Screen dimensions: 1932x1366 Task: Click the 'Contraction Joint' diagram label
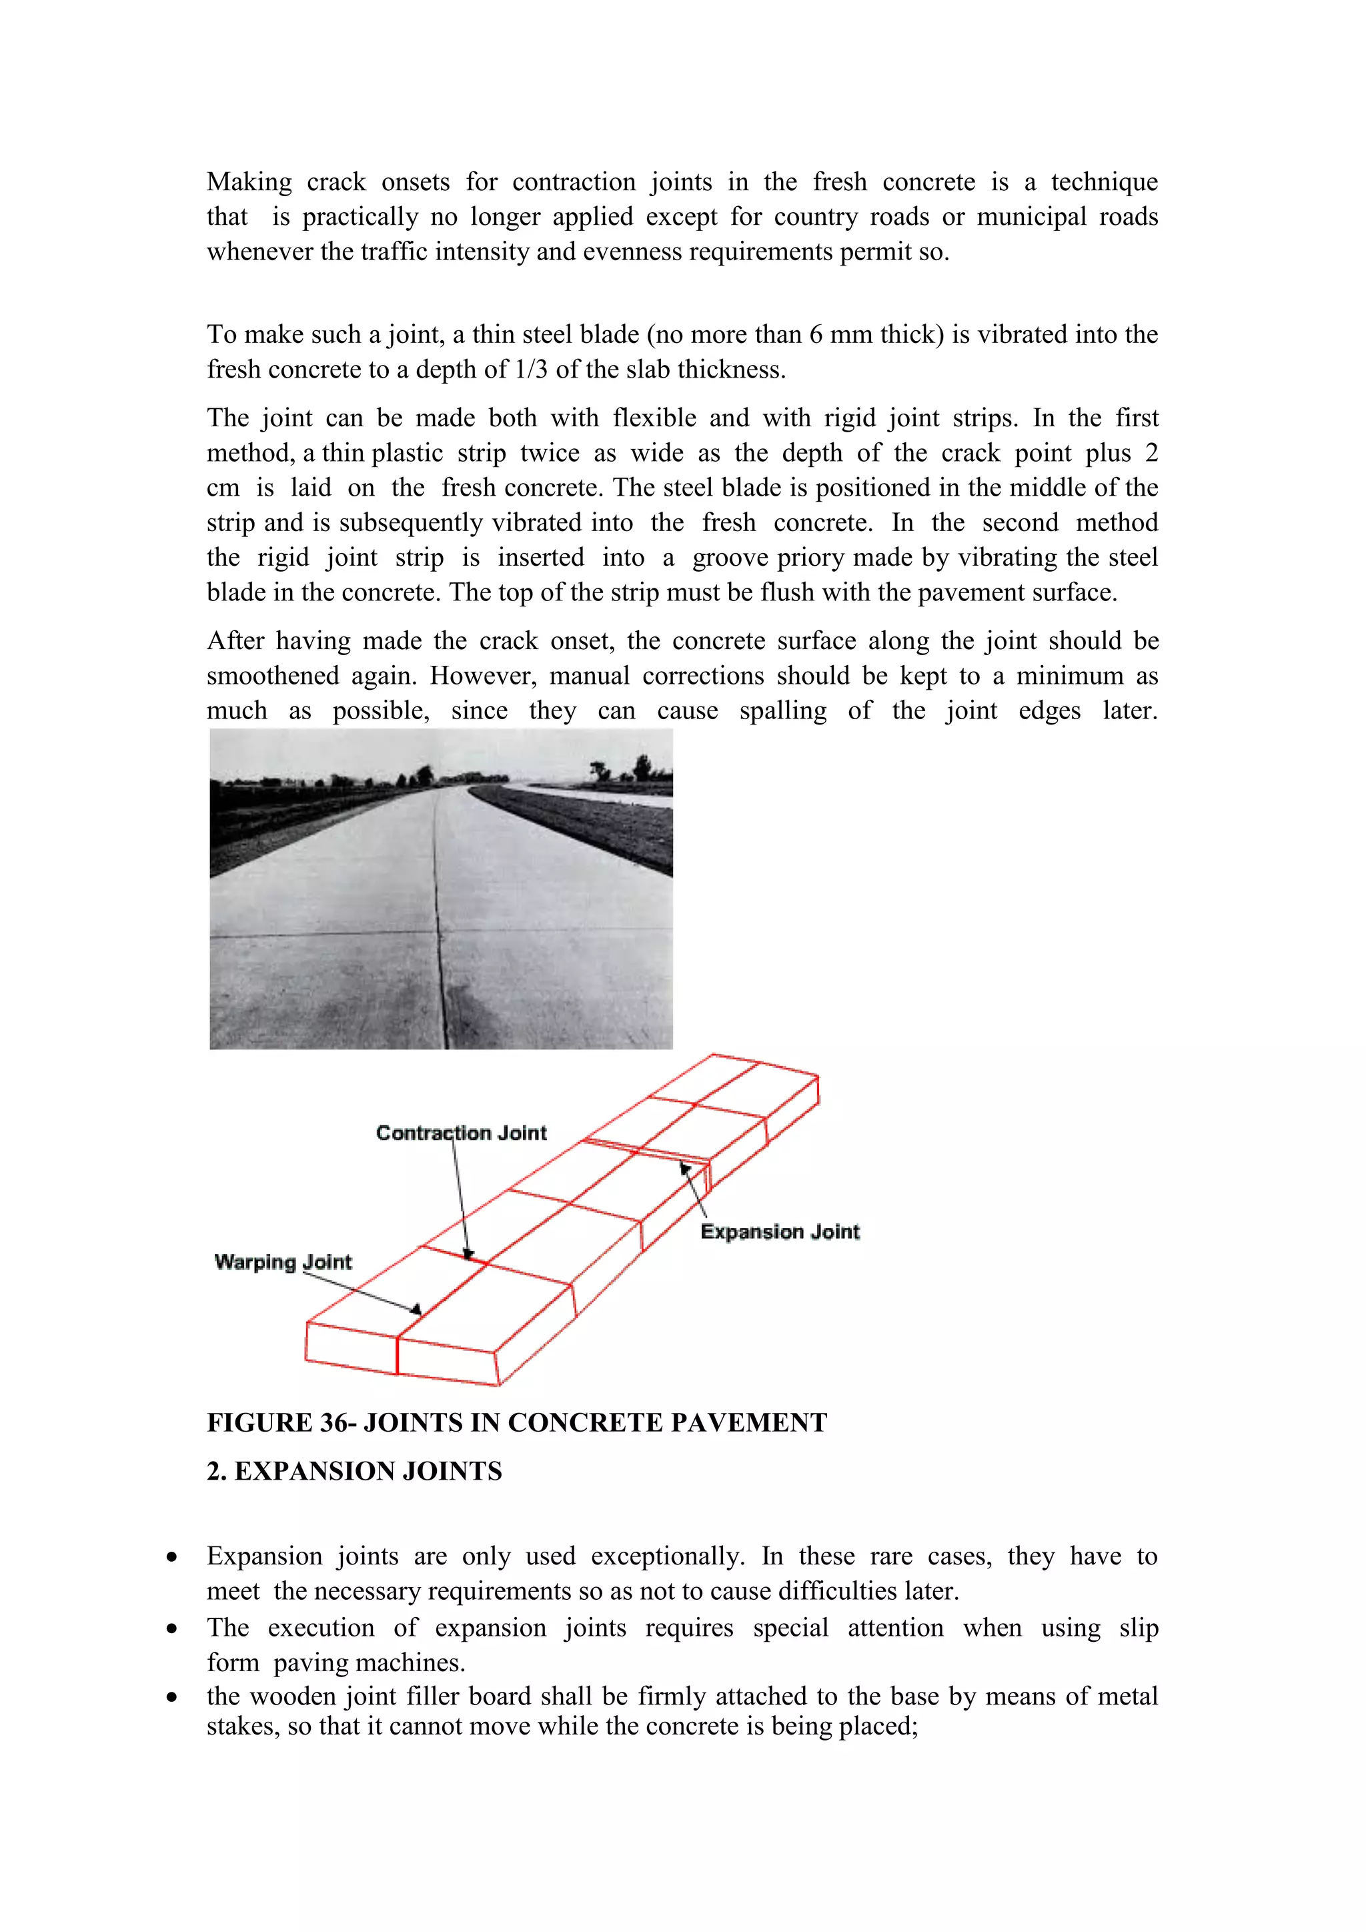pos(461,1133)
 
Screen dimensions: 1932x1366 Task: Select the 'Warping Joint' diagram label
pos(283,1262)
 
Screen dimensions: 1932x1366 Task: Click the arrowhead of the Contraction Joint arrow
pos(468,1253)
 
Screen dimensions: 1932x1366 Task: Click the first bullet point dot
pos(171,1556)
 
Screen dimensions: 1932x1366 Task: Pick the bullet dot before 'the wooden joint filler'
pos(171,1697)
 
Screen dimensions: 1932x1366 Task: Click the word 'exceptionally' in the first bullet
pos(667,1556)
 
